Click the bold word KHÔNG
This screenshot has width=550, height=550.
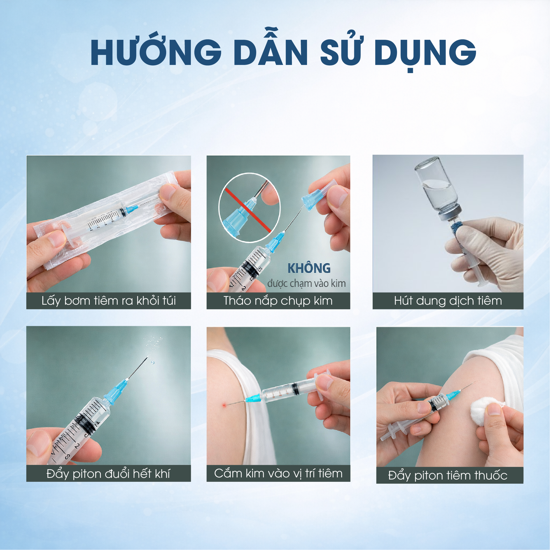tap(309, 268)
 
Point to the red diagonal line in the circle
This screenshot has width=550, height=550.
tap(248, 210)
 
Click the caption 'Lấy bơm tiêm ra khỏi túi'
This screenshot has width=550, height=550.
tap(109, 301)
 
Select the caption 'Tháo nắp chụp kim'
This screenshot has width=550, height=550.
tap(278, 301)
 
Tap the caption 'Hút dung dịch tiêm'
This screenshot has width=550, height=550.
tap(448, 301)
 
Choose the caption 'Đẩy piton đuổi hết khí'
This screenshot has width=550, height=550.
tap(108, 474)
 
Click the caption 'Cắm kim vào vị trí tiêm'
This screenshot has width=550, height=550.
tap(278, 473)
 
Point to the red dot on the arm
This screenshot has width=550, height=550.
tap(224, 405)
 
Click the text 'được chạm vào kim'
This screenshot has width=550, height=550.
tap(307, 284)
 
